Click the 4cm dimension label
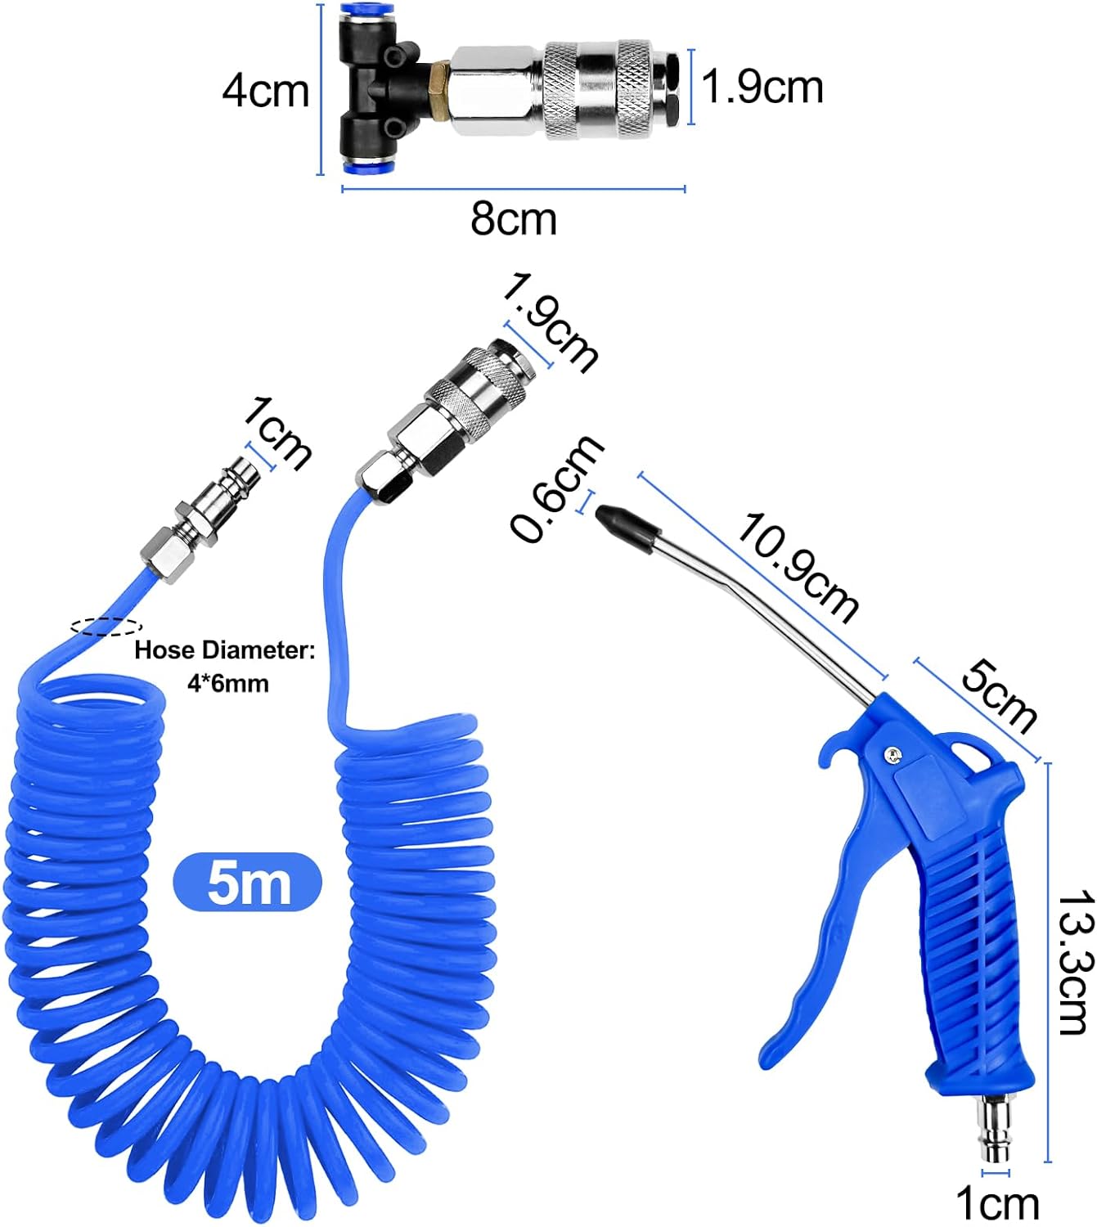266,90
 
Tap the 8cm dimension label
514,219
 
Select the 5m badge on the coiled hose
248,882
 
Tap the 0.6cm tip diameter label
556,489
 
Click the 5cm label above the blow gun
999,697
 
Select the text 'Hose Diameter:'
225,650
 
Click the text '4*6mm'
227,683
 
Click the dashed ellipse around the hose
106,627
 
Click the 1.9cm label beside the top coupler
762,87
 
